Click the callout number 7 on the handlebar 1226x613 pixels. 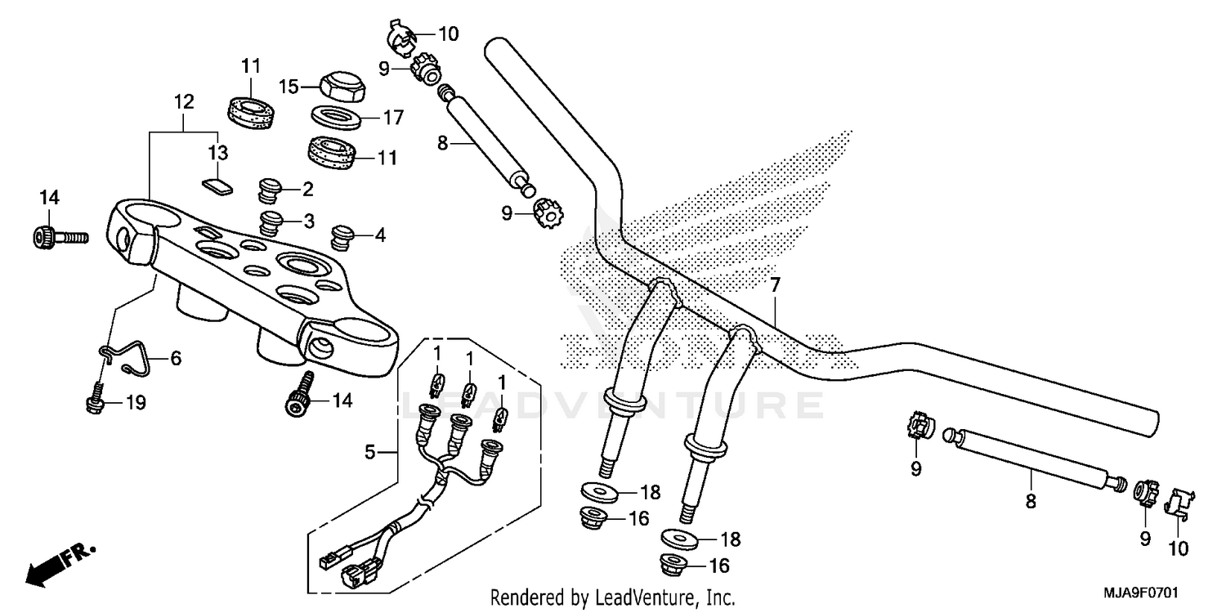point(775,286)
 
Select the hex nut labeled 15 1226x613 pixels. point(338,86)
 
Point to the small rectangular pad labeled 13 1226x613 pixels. point(218,186)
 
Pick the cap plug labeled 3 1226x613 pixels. point(271,221)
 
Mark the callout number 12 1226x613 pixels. point(184,102)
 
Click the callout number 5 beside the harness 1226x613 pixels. point(369,450)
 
